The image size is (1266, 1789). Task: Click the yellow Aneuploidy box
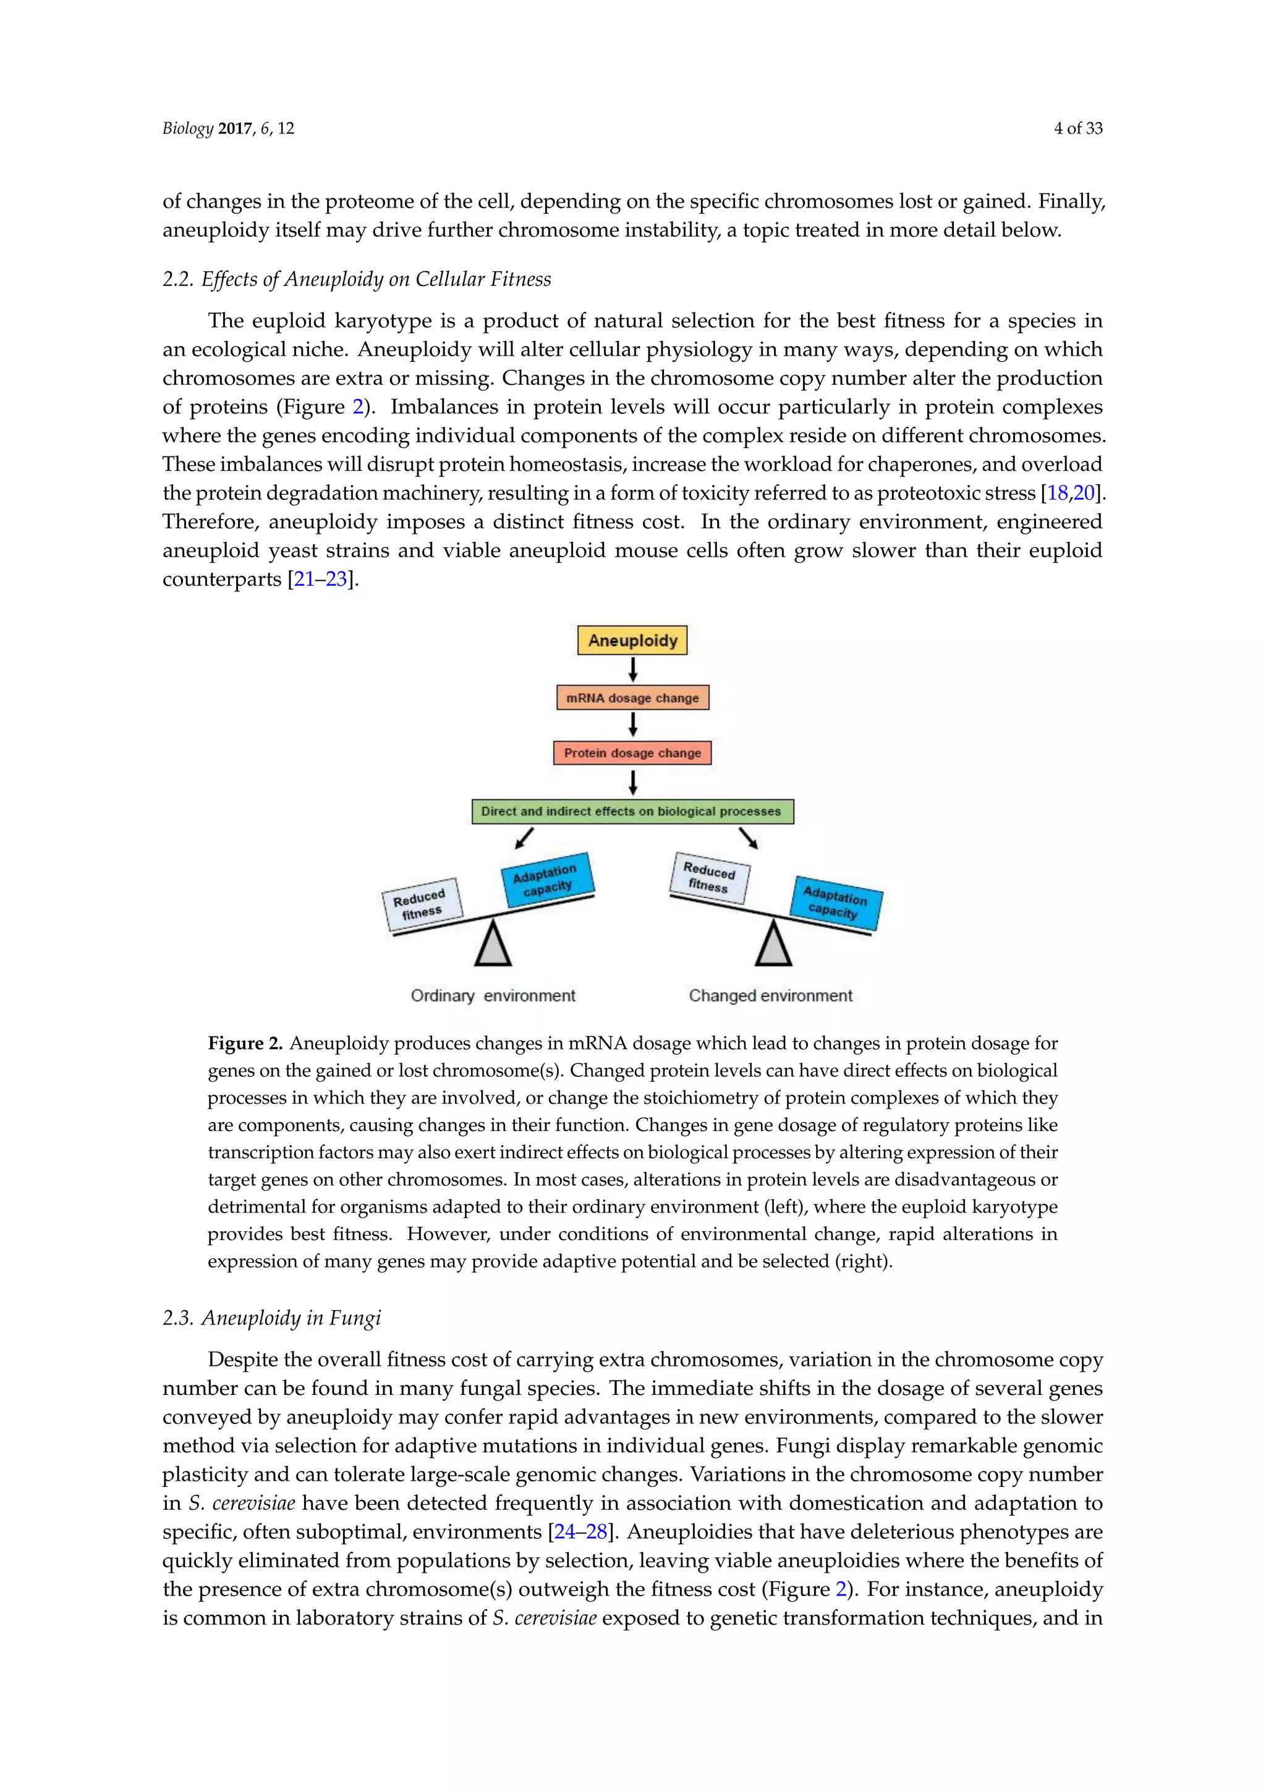[x=632, y=641]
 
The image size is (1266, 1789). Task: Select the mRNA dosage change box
[x=632, y=698]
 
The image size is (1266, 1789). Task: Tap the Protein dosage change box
[x=632, y=752]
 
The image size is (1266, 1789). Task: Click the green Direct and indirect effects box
[x=632, y=811]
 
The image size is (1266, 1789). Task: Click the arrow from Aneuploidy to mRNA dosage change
[x=633, y=669]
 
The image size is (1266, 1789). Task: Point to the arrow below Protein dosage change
[x=633, y=781]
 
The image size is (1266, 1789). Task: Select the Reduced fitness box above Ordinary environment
[x=422, y=904]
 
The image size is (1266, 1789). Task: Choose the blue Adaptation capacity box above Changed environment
[x=836, y=903]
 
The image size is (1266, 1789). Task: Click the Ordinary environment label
[x=493, y=996]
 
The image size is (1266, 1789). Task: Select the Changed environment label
[x=770, y=996]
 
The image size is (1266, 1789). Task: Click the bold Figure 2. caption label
[x=245, y=1043]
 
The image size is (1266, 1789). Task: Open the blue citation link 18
[x=1056, y=493]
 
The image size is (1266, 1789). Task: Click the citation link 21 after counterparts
[x=304, y=579]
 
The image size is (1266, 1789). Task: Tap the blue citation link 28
[x=597, y=1532]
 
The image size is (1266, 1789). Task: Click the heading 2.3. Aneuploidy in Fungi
[x=271, y=1318]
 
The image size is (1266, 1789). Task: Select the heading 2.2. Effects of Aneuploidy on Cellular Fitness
[x=356, y=279]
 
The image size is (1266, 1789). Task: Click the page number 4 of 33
[x=1078, y=128]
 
